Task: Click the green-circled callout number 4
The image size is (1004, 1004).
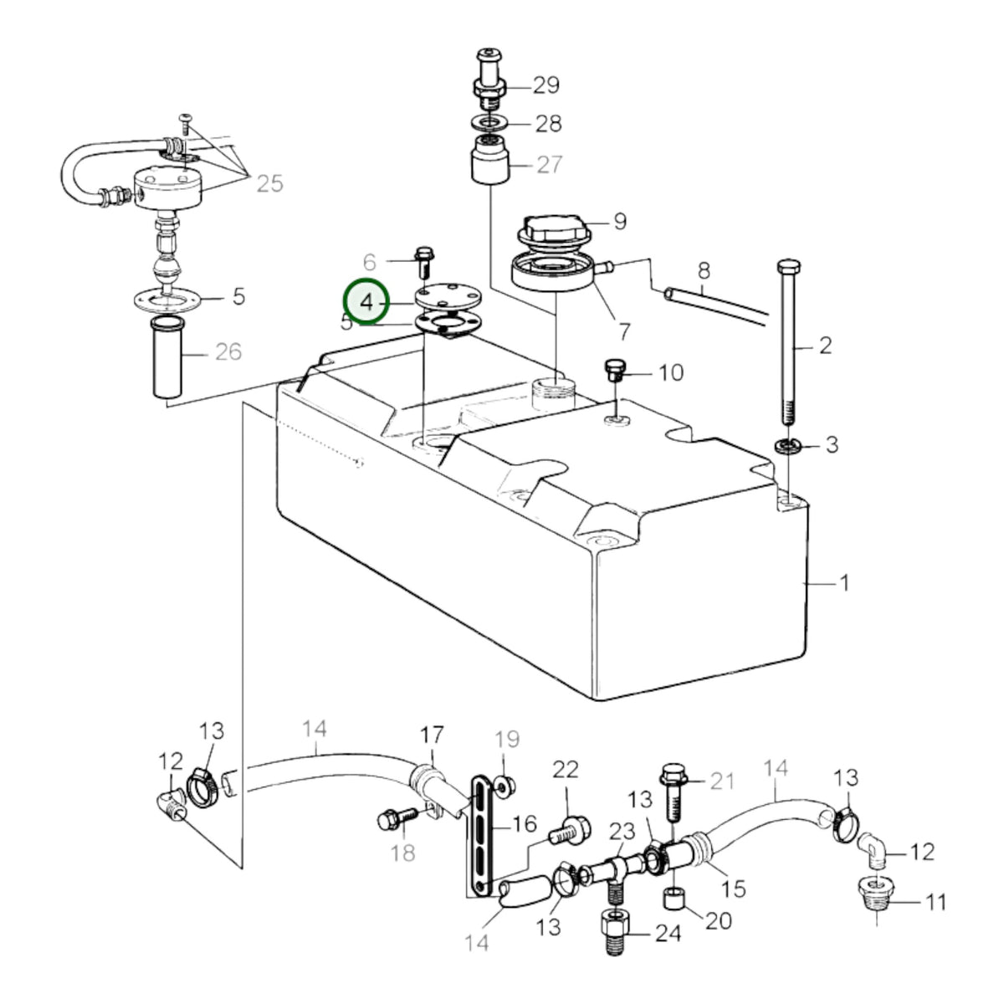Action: coord(367,303)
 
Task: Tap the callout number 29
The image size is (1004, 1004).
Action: coord(546,85)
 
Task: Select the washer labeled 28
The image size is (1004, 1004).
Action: coord(489,124)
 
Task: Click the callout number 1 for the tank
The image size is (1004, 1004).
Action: coord(844,582)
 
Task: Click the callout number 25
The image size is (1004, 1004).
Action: coord(269,184)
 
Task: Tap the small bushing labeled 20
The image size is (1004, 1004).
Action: coord(673,899)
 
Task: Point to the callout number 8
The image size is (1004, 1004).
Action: coord(704,270)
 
